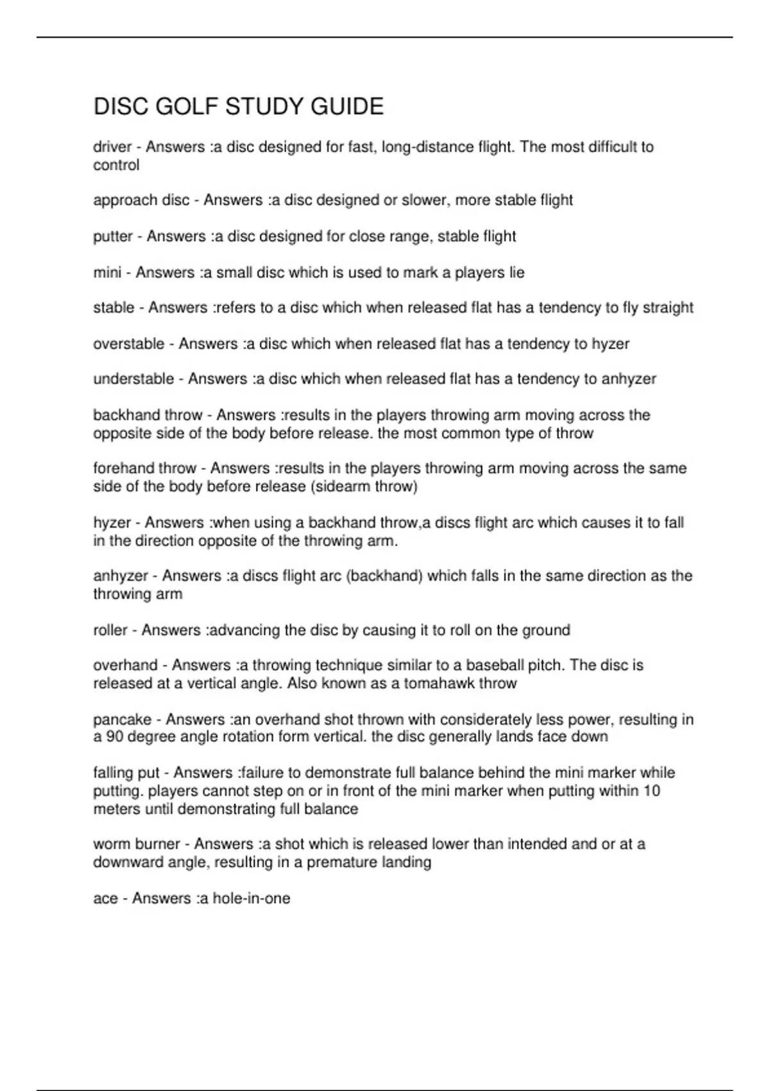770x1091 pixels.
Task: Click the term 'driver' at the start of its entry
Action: pyautogui.click(x=112, y=147)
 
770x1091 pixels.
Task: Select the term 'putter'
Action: pyautogui.click(x=112, y=237)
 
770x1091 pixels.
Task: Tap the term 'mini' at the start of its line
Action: pyautogui.click(x=107, y=273)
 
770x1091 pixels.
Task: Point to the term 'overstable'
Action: pyautogui.click(x=128, y=344)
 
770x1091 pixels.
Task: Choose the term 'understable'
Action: pyautogui.click(x=133, y=379)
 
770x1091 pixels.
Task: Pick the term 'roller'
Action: pyautogui.click(x=110, y=630)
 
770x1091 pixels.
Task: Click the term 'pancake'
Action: pyautogui.click(x=123, y=719)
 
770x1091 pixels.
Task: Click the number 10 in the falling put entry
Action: pyautogui.click(x=651, y=791)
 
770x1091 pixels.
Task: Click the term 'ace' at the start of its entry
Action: pyautogui.click(x=105, y=898)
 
